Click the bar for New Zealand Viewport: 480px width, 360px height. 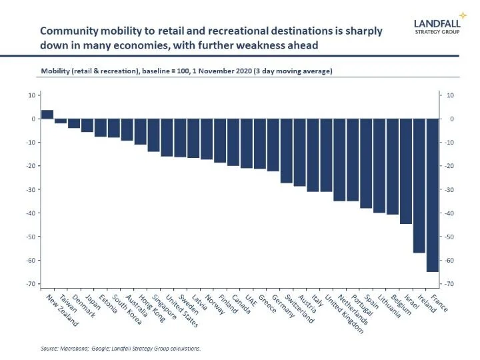(x=47, y=114)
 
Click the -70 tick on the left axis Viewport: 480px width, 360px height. (x=29, y=284)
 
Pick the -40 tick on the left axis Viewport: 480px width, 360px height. (x=29, y=213)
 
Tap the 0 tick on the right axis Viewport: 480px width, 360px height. (x=449, y=119)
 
